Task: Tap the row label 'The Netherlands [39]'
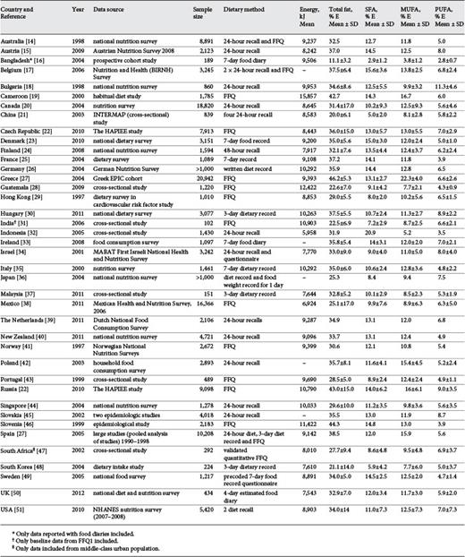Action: pyautogui.click(x=37, y=344)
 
